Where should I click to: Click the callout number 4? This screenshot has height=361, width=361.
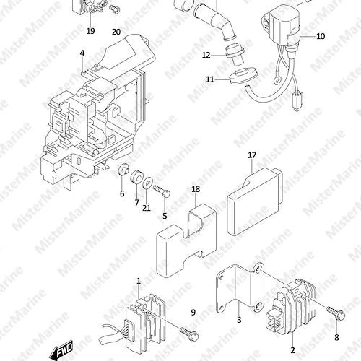82,53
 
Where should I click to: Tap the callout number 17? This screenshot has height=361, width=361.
252,155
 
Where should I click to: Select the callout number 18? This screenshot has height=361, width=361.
196,189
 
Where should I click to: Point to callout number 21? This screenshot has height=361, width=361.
147,208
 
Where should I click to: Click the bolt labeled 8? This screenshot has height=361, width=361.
336,313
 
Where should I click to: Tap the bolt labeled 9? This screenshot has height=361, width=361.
189,334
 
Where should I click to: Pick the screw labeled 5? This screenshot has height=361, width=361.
162,190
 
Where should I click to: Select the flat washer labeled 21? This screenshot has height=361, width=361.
147,183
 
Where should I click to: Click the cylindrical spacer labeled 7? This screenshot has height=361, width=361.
136,178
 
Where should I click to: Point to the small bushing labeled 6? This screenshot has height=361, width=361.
123,169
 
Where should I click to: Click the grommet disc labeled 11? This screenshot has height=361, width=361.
243,76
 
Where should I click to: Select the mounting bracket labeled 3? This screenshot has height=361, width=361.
240,288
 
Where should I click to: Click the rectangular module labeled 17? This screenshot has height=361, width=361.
255,201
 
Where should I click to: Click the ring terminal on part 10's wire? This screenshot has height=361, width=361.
277,79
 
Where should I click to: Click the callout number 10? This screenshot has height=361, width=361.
321,36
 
